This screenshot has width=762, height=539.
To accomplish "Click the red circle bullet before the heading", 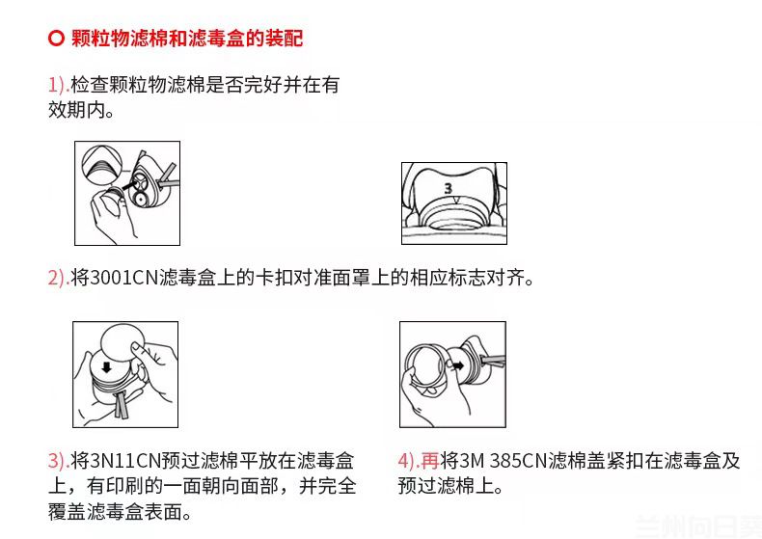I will [x=56, y=40].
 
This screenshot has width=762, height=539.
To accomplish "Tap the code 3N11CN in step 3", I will [x=123, y=460].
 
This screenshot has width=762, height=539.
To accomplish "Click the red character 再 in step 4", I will [x=430, y=460].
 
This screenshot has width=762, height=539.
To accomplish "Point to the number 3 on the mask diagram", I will [x=448, y=188].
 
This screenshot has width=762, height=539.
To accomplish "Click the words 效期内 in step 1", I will [x=81, y=110].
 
